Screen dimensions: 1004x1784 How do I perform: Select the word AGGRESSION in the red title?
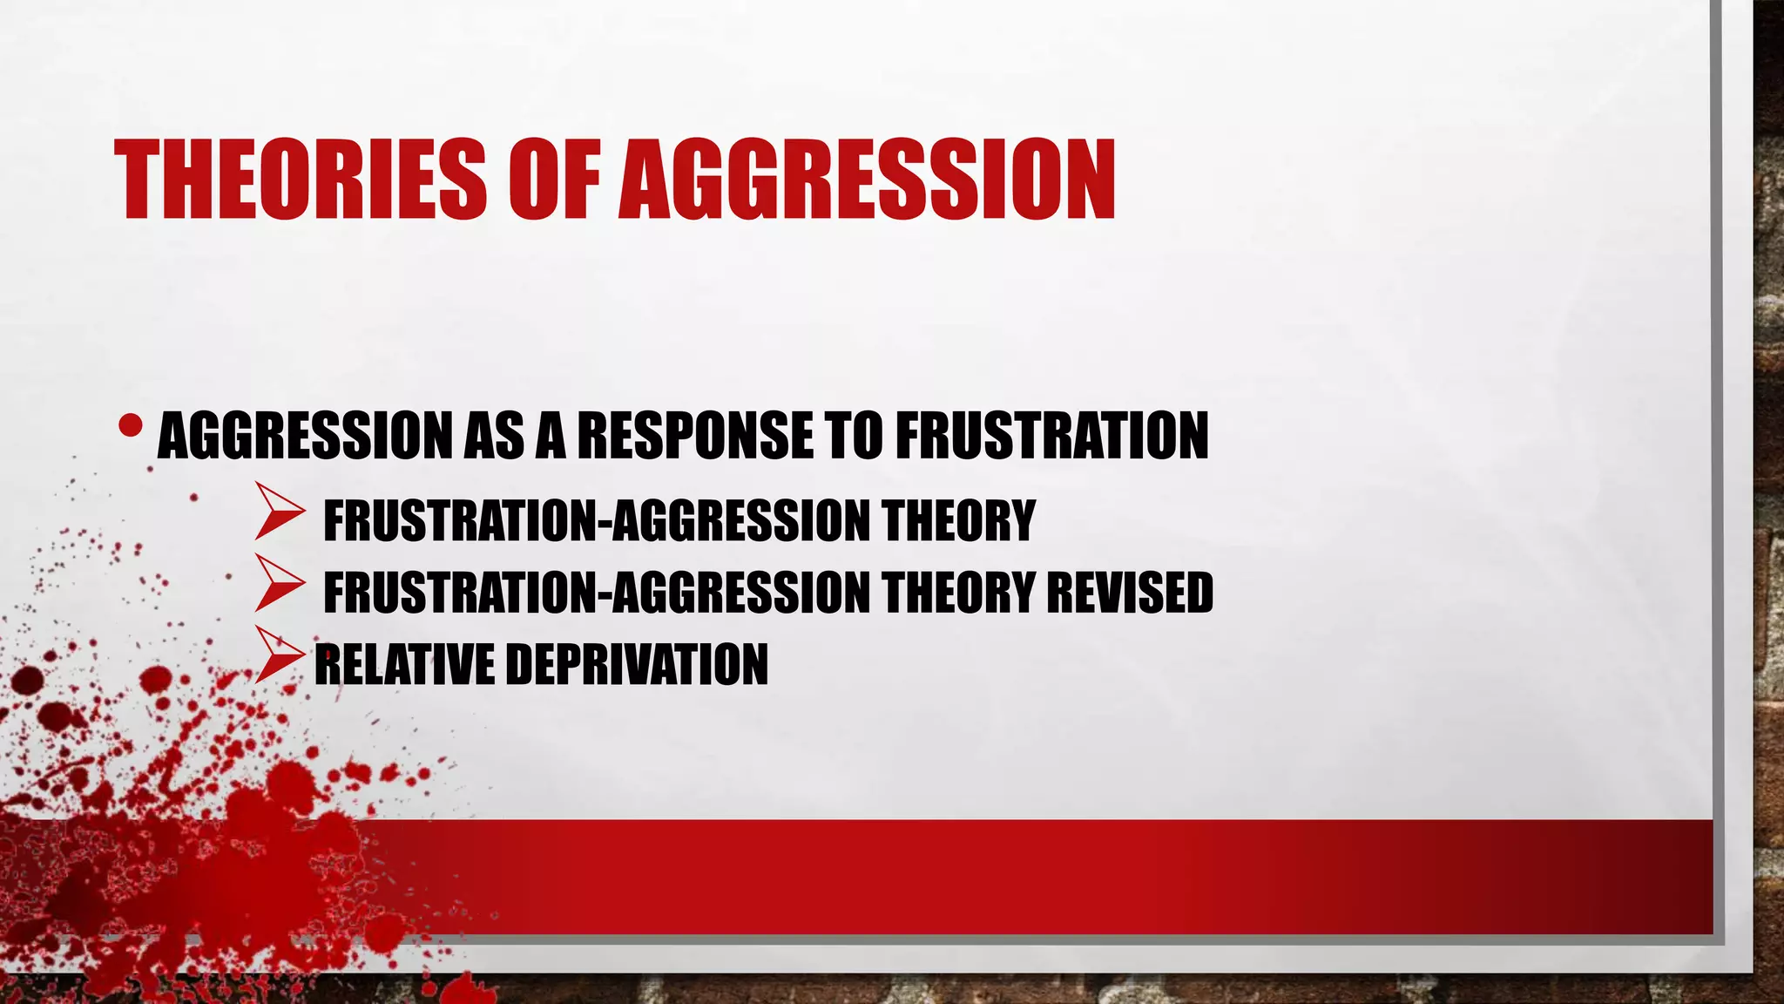(x=867, y=180)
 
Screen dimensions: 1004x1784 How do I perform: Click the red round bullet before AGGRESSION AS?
(x=131, y=425)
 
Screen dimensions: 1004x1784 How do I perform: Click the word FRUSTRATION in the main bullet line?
(x=1051, y=435)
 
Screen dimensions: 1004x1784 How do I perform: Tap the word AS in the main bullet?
(x=493, y=435)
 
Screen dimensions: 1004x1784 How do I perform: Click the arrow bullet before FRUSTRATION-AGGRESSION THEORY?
(x=279, y=519)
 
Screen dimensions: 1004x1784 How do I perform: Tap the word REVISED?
(x=1129, y=593)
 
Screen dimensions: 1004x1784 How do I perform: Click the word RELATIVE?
(x=404, y=664)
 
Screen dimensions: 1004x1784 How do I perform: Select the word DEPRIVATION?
(x=637, y=664)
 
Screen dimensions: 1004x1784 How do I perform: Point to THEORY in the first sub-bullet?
(x=957, y=521)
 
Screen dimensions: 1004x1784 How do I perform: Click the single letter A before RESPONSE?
(x=551, y=435)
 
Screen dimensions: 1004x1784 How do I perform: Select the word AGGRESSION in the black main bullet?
(x=305, y=435)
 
